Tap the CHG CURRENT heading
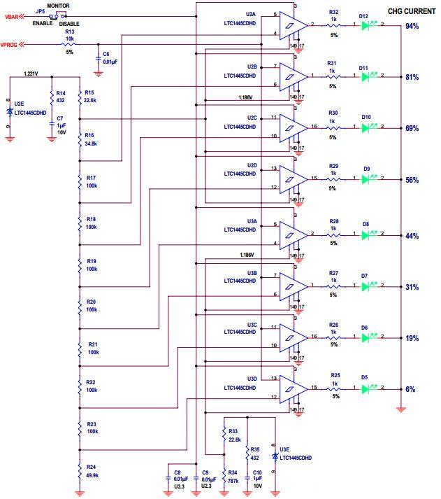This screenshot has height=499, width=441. tap(412, 11)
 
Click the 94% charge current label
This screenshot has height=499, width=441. tap(412, 27)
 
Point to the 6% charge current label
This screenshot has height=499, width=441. tap(412, 389)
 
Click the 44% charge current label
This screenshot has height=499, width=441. tap(412, 237)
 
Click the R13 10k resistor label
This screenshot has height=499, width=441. tap(69, 36)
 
